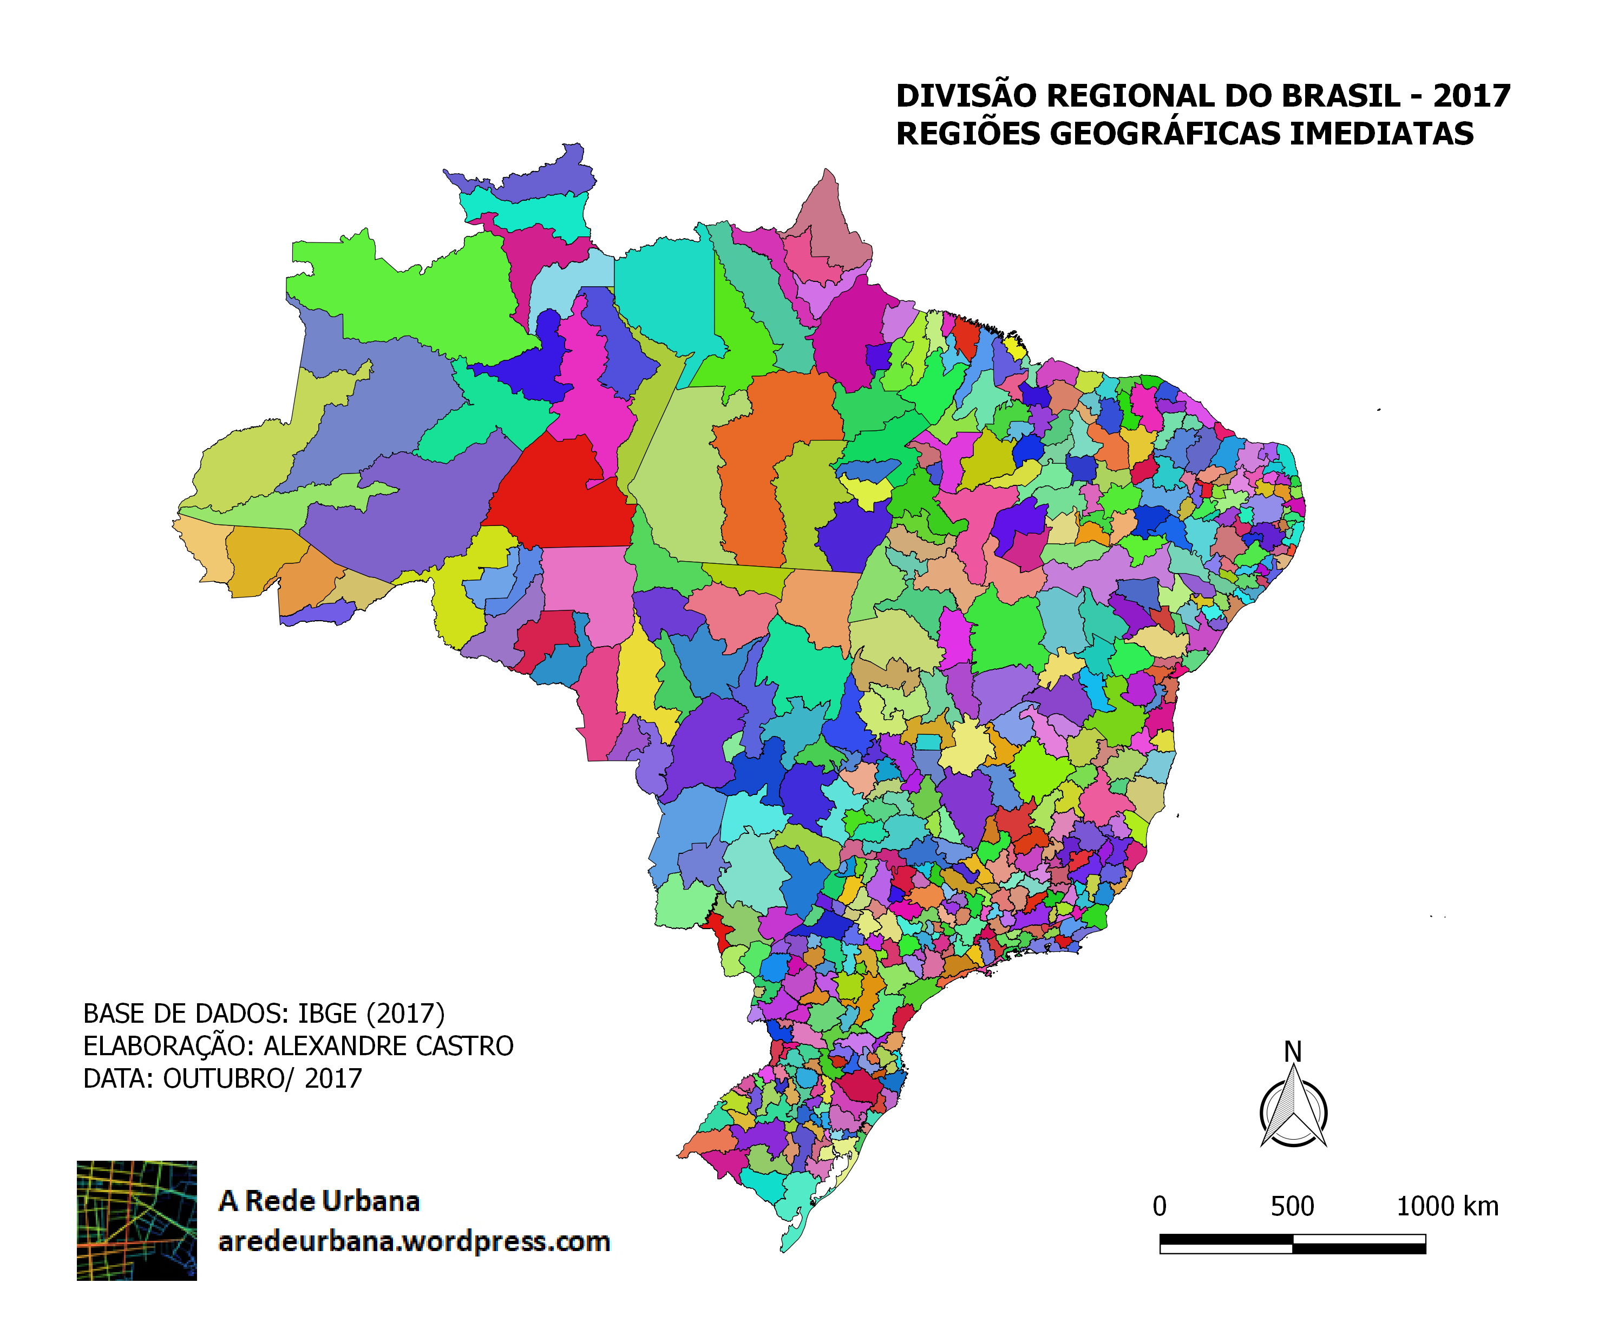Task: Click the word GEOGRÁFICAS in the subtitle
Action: (x=1167, y=134)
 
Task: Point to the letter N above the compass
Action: (x=1292, y=1052)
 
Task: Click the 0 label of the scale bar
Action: (x=1159, y=1207)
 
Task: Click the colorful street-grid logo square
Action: (x=137, y=1220)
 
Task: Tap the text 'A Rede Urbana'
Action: (x=319, y=1201)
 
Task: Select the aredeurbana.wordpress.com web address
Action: (x=414, y=1242)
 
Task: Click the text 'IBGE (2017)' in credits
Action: (x=371, y=1014)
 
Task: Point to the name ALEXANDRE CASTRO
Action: (x=388, y=1047)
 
